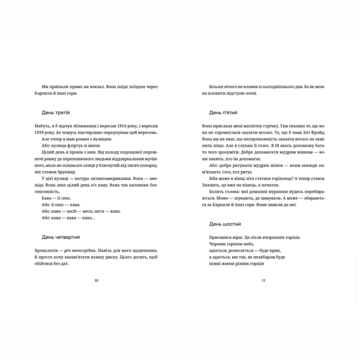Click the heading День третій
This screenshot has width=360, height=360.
coord(56,112)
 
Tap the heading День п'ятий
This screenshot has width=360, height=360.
coord(223,112)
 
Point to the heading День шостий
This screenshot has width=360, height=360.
coord(225,224)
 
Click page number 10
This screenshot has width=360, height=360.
coord(96,281)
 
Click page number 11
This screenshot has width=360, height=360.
coord(264,281)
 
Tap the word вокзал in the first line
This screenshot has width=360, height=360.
coord(105,86)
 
